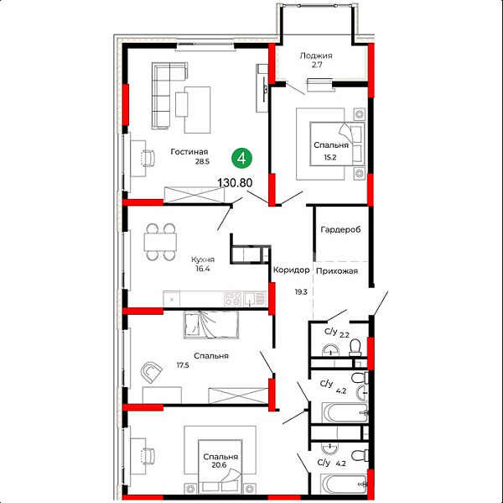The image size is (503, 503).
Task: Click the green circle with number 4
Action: [242, 158]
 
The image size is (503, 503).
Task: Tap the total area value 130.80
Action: [235, 182]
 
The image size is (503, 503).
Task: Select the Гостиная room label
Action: [189, 151]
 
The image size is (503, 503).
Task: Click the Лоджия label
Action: [316, 55]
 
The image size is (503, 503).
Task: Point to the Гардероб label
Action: [340, 229]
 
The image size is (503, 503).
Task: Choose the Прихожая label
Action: [337, 271]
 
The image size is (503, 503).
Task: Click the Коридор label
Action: [291, 270]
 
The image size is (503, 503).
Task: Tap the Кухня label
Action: [203, 259]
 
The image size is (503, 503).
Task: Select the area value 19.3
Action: [301, 292]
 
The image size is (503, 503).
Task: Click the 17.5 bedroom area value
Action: [183, 365]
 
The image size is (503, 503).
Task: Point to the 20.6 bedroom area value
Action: [219, 465]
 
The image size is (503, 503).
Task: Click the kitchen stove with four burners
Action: [232, 299]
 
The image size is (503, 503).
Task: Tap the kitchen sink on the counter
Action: [255, 299]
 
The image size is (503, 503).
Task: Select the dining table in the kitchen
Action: [160, 242]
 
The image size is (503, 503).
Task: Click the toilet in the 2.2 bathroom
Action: [355, 348]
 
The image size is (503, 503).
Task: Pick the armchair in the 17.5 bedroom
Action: [151, 372]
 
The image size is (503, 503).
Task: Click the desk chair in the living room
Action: [148, 159]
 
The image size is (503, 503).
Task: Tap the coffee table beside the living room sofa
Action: [181, 104]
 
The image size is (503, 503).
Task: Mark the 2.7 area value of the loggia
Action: [317, 65]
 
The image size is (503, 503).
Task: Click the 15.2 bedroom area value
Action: [330, 157]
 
